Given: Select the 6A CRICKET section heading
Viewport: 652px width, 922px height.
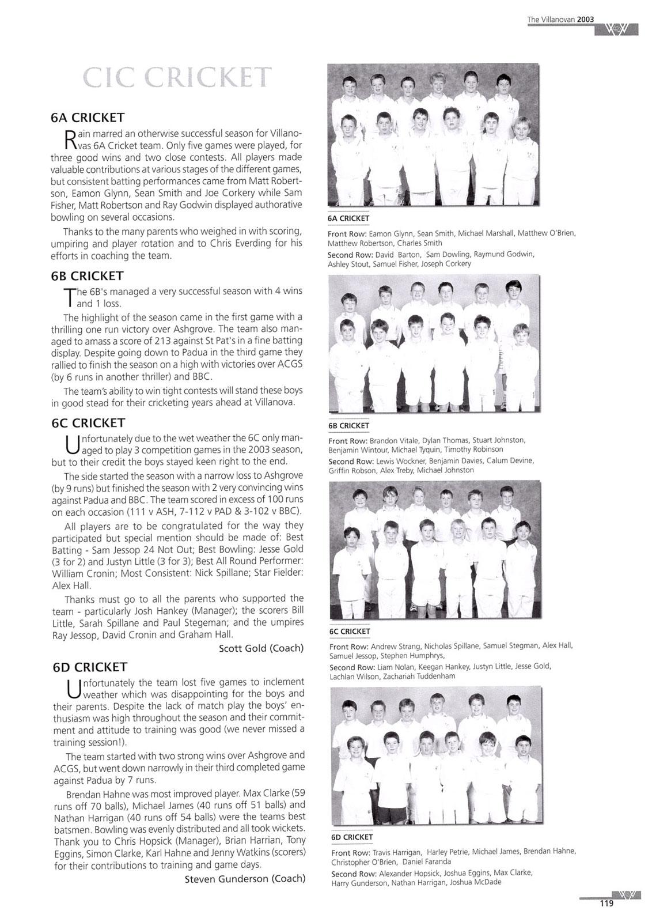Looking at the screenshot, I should click(88, 118).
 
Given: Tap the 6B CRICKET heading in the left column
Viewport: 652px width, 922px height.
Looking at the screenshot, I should click(88, 276).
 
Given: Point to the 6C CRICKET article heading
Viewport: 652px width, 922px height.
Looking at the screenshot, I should click(88, 423).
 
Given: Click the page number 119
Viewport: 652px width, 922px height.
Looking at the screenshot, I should click(606, 904).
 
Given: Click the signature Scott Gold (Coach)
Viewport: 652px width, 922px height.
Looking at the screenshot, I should click(261, 648).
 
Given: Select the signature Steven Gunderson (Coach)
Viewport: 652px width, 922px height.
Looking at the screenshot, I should click(245, 879).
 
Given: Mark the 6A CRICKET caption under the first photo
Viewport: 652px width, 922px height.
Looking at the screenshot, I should click(348, 218).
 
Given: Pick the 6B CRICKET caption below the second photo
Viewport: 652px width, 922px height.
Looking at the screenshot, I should click(348, 425).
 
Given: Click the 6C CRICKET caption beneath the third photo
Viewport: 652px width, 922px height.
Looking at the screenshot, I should click(350, 631).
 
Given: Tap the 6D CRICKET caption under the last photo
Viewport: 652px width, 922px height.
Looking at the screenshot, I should click(352, 837).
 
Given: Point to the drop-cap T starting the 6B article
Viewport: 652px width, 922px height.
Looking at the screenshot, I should click(70, 297).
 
